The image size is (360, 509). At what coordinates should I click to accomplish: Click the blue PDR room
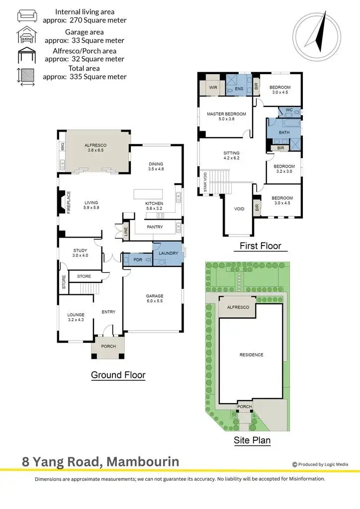(137, 259)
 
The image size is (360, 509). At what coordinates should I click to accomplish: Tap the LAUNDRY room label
(168, 254)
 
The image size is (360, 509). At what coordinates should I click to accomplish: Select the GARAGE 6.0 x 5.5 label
(154, 298)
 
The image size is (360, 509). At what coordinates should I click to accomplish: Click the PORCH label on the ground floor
(108, 346)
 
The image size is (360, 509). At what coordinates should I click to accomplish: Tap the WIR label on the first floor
(213, 87)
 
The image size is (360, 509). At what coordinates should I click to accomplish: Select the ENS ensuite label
(239, 87)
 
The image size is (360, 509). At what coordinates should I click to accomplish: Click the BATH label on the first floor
(284, 133)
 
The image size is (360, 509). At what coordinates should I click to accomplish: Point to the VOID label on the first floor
(239, 209)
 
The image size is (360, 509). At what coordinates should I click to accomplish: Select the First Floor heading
(260, 246)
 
